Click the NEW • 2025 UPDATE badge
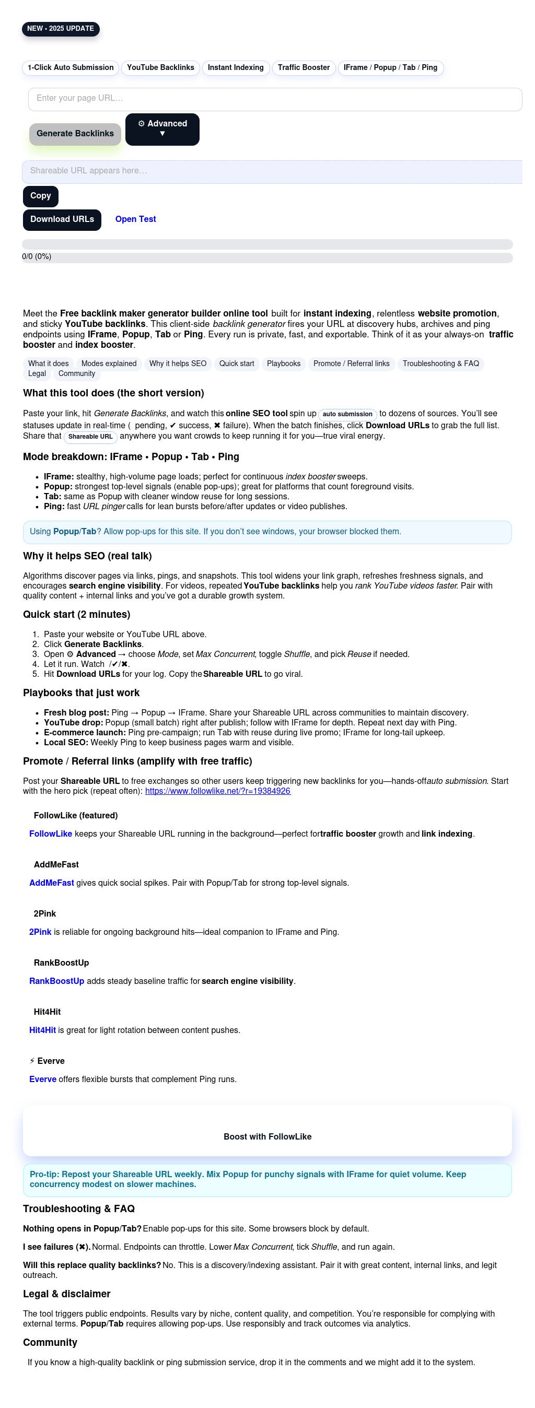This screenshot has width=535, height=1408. click(x=61, y=29)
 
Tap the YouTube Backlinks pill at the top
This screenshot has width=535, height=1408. click(x=160, y=68)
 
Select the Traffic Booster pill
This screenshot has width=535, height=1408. click(x=304, y=68)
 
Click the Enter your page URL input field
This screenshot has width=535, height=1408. click(x=275, y=99)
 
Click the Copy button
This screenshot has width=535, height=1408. click(x=40, y=196)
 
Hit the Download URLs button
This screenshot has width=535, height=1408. click(x=62, y=220)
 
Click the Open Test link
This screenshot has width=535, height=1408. click(x=136, y=220)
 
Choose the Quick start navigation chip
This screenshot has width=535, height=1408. click(x=236, y=364)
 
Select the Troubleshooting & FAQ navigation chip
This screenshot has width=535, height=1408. click(x=440, y=364)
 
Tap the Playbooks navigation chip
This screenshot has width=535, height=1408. click(x=283, y=364)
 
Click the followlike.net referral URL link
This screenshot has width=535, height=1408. click(x=218, y=791)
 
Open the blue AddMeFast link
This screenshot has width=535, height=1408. click(x=51, y=883)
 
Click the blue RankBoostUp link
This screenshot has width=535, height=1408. click(x=57, y=982)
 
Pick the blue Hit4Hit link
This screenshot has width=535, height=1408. click(x=43, y=1031)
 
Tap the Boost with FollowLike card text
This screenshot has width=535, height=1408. click(x=267, y=1137)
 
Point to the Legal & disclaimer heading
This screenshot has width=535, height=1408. click(x=67, y=1294)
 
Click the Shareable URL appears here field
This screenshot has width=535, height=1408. click(x=272, y=172)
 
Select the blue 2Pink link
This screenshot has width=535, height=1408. click(x=40, y=932)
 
